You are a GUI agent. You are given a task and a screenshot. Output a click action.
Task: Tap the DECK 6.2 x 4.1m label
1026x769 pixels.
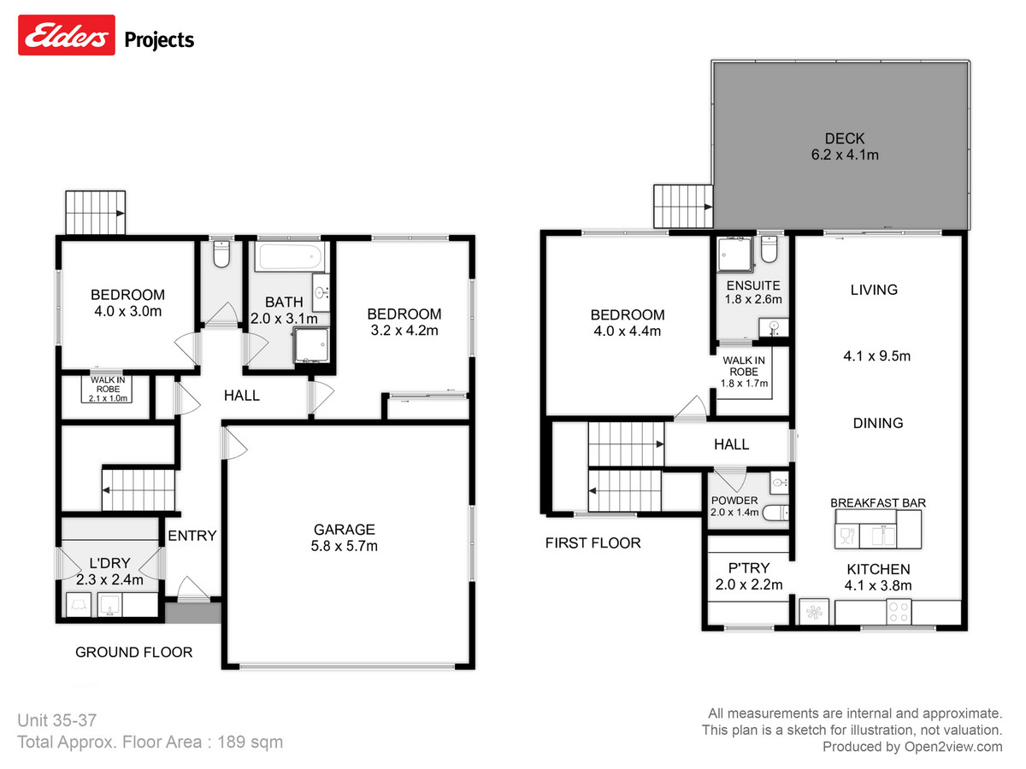[x=845, y=146]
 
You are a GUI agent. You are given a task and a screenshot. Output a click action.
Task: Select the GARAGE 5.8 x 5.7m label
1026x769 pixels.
[x=343, y=537]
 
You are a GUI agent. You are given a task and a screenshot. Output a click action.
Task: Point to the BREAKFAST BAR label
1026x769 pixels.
[x=877, y=503]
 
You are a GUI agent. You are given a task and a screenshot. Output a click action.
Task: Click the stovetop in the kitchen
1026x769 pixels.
[x=899, y=612]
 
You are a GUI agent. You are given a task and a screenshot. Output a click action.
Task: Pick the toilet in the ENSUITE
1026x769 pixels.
[x=769, y=249]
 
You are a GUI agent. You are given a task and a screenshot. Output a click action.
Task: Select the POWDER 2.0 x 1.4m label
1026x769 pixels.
[x=734, y=507]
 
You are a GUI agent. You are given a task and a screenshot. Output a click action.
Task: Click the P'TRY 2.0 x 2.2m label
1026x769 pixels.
[x=749, y=577]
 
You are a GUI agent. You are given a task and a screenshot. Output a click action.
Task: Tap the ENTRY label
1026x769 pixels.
[x=192, y=536]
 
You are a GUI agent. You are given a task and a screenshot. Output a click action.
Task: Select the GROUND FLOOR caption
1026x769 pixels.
[x=133, y=652]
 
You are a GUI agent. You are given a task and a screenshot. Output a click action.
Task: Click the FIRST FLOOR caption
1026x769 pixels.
[x=593, y=543]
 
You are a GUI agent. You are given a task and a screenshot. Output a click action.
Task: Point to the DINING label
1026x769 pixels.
[x=877, y=423]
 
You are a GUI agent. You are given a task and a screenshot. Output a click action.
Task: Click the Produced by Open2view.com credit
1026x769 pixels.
[x=912, y=747]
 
